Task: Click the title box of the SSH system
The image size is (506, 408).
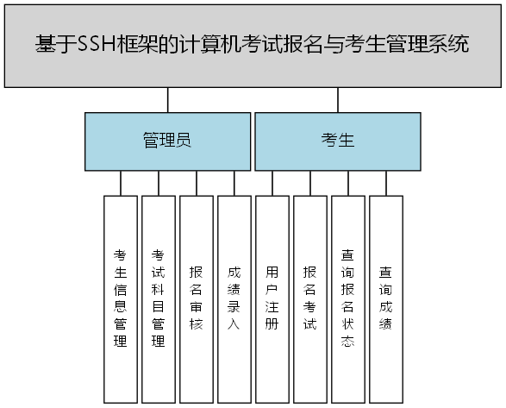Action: click(253, 45)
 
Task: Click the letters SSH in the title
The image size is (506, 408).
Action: click(101, 45)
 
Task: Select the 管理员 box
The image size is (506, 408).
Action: click(167, 141)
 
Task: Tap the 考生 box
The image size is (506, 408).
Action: click(337, 141)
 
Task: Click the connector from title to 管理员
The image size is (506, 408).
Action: click(168, 100)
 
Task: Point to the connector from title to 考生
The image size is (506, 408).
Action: click(337, 100)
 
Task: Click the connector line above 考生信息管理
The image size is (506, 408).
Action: click(121, 183)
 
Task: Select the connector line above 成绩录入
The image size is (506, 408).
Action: click(234, 183)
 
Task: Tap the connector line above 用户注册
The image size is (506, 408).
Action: click(272, 183)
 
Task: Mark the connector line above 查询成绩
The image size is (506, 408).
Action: click(385, 183)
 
